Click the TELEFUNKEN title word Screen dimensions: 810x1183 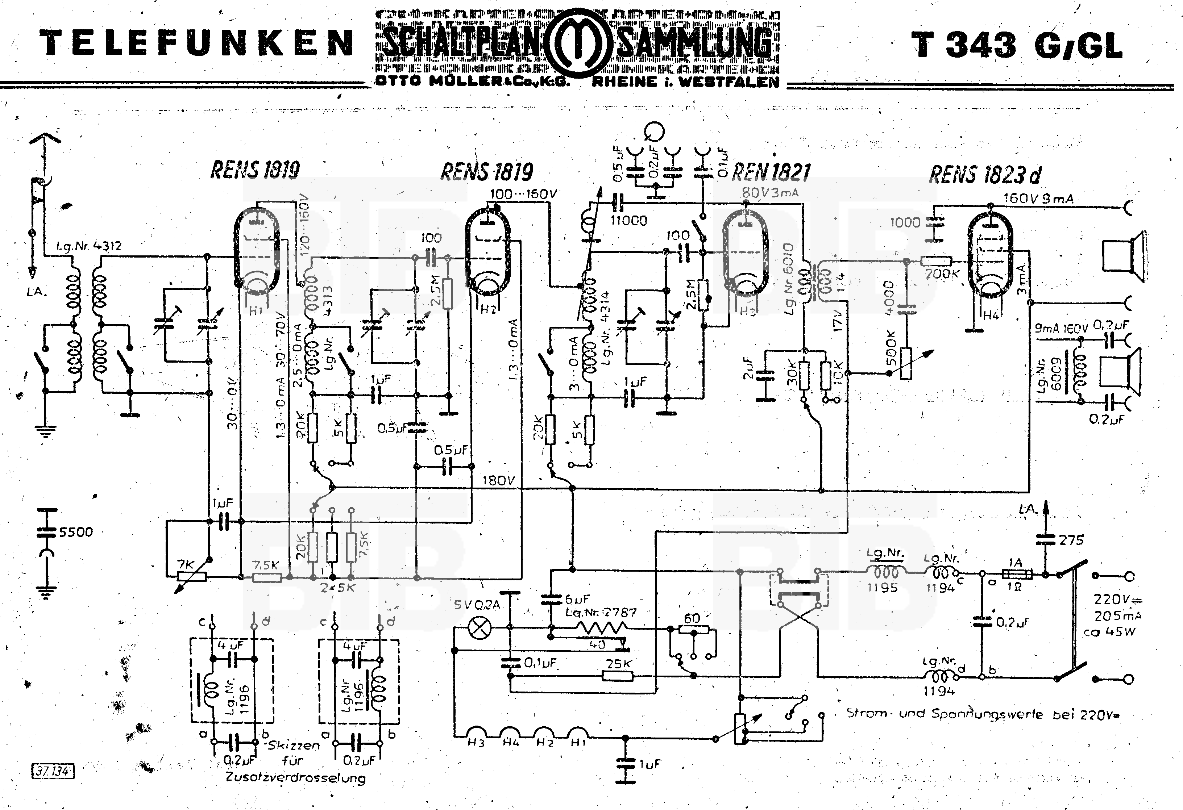(196, 43)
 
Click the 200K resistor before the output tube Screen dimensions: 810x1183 (935, 261)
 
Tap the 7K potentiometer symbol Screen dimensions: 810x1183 (192, 576)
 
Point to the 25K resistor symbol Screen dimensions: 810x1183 (618, 676)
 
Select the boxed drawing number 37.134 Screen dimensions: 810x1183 (53, 771)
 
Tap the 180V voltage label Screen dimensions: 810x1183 (498, 480)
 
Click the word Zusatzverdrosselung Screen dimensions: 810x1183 (295, 777)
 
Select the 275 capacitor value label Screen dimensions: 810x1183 (1071, 540)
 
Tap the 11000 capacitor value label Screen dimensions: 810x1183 (629, 220)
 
